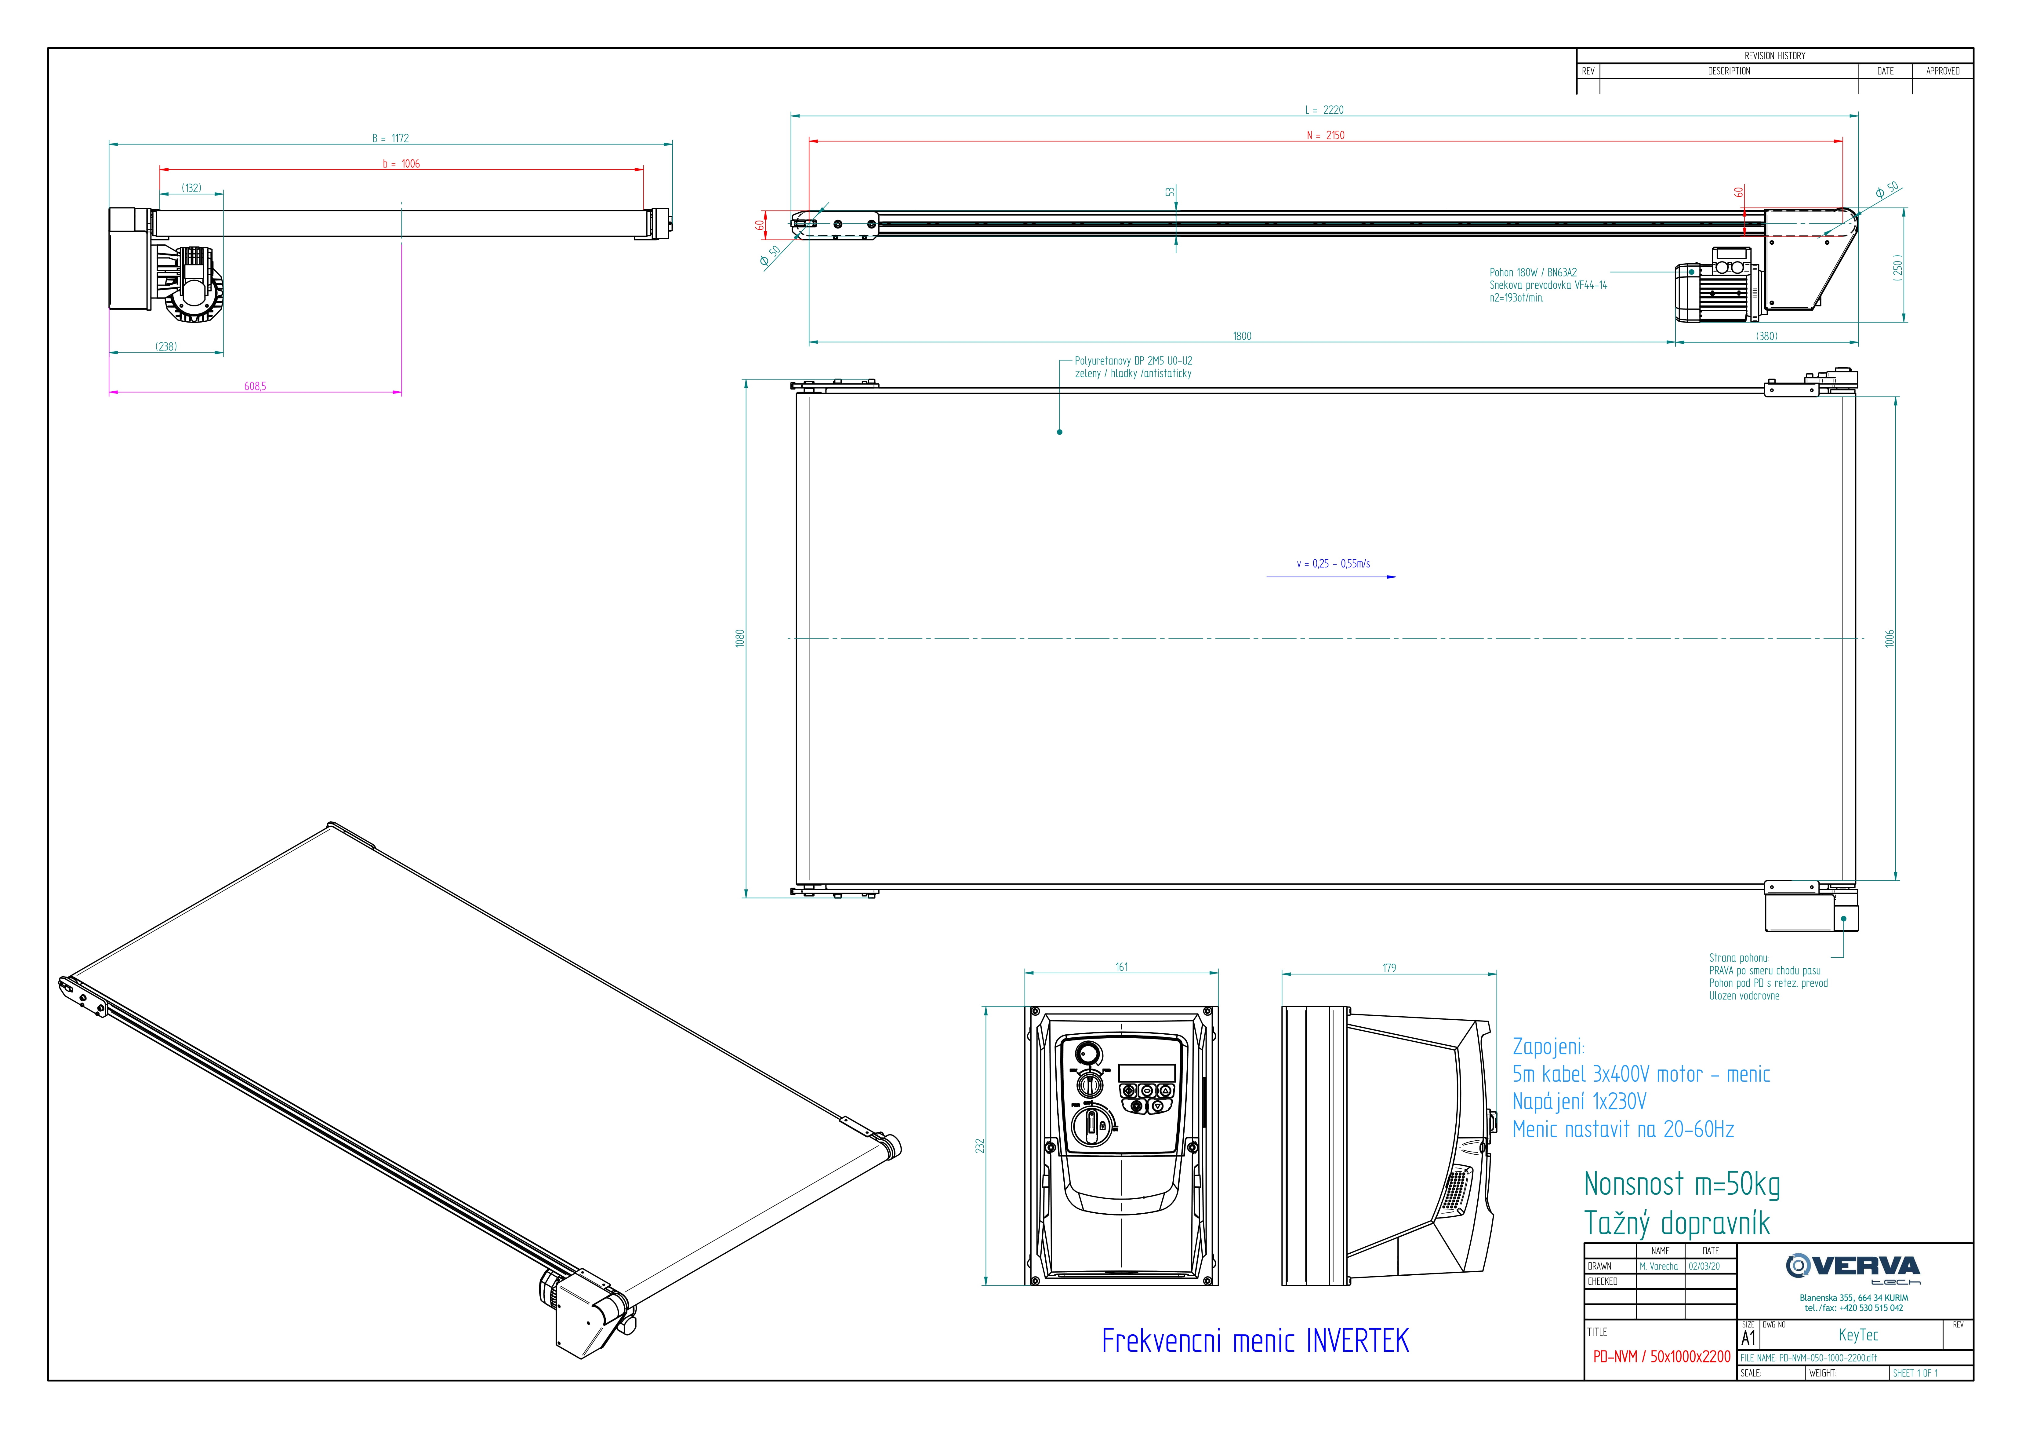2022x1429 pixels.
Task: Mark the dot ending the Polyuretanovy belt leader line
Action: (1059, 432)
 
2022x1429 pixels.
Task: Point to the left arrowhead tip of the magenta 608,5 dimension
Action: (109, 392)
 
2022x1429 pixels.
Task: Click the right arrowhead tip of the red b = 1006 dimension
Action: (644, 169)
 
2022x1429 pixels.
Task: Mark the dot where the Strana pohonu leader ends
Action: (1843, 919)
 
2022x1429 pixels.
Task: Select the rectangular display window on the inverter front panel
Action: (1147, 1072)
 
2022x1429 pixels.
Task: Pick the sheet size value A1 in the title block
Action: (1748, 1337)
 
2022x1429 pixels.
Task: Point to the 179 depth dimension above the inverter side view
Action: (1389, 967)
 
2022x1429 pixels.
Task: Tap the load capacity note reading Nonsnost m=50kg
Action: (1682, 1184)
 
